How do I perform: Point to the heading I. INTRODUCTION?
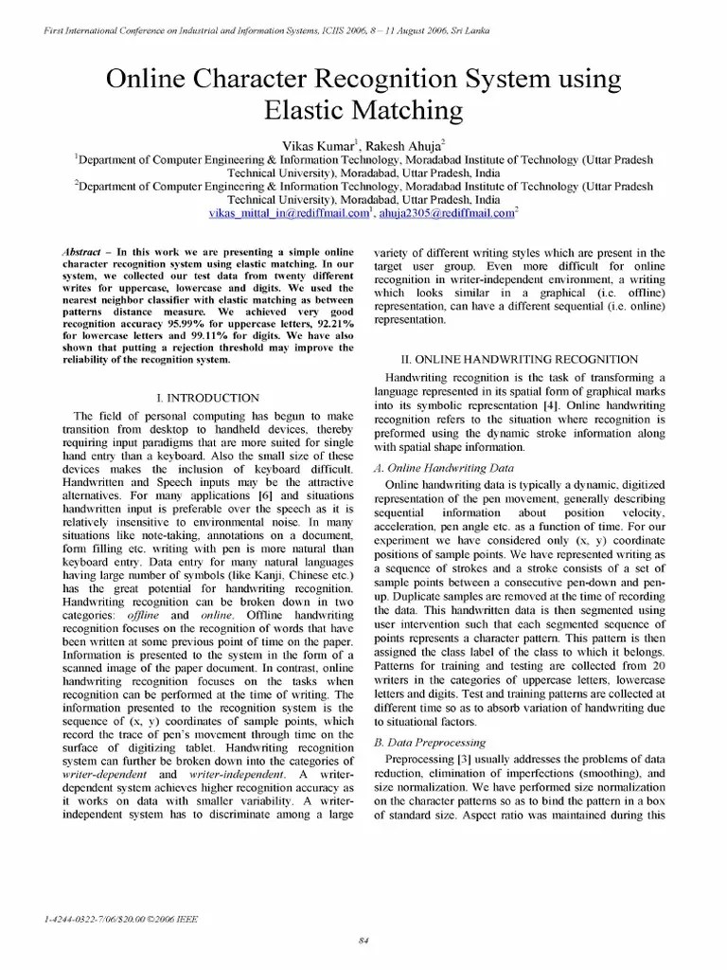pos(206,398)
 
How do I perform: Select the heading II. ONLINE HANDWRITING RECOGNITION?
pos(520,359)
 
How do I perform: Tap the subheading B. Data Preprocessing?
pos(430,742)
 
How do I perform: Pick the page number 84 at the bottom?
pos(363,939)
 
